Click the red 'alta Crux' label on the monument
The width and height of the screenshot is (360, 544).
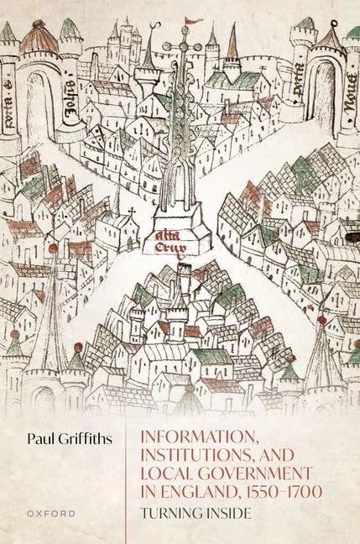[168, 244]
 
